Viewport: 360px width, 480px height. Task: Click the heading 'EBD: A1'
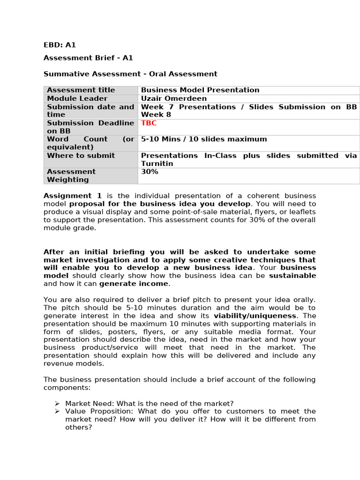(60, 45)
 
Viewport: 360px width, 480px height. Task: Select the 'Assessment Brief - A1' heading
(88, 58)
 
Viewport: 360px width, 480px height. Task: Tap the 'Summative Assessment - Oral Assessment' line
(130, 74)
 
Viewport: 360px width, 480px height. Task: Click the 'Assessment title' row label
(81, 90)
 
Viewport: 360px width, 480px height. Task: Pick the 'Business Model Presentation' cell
(200, 90)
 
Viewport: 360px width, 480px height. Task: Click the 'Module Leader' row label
(77, 98)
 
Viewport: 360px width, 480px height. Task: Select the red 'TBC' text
(149, 123)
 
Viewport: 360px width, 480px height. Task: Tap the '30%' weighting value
(150, 172)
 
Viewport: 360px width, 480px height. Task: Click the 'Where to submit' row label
(81, 156)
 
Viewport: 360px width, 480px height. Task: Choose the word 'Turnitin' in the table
(157, 164)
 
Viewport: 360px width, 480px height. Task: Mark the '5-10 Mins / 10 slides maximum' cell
(204, 139)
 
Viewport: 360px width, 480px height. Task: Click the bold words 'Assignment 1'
(73, 196)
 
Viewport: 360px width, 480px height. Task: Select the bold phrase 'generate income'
(134, 284)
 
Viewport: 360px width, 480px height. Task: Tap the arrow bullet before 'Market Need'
(57, 403)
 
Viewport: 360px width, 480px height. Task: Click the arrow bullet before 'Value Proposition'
(57, 411)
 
